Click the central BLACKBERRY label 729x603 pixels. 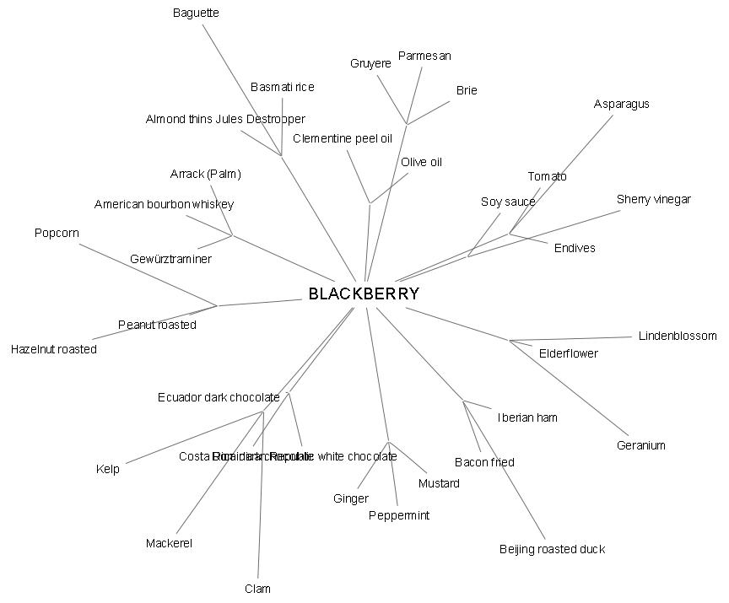coord(364,294)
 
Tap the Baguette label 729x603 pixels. coord(196,13)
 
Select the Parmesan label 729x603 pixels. coord(424,57)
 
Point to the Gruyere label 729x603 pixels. coord(370,64)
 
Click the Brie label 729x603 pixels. coord(467,90)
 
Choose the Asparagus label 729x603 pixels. coord(622,105)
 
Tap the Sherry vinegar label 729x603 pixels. coord(654,200)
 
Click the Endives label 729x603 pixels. coord(575,248)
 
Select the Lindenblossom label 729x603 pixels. coord(678,336)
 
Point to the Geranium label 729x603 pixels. coord(641,445)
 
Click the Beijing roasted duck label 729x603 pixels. coord(552,550)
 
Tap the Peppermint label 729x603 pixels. coord(399,515)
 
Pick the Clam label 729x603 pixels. coord(257,589)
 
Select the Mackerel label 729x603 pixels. coord(169,544)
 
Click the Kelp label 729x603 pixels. coord(108,470)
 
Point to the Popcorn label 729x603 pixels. coord(57,233)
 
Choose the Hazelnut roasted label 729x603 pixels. coord(54,349)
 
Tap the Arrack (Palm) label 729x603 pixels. coord(206,175)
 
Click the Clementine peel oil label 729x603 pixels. coord(343,138)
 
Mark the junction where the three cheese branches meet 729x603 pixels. coord(407,125)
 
